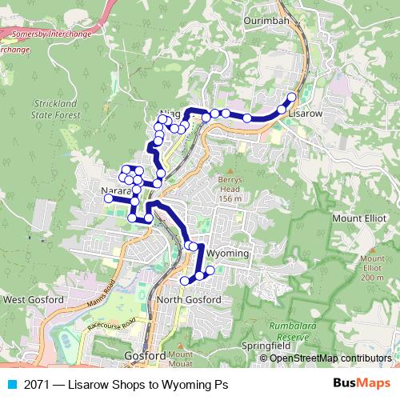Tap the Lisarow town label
305,114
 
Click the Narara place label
116,194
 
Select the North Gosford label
189,299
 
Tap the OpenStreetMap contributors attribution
325,358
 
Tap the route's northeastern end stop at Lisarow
291,98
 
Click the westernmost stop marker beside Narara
109,198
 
